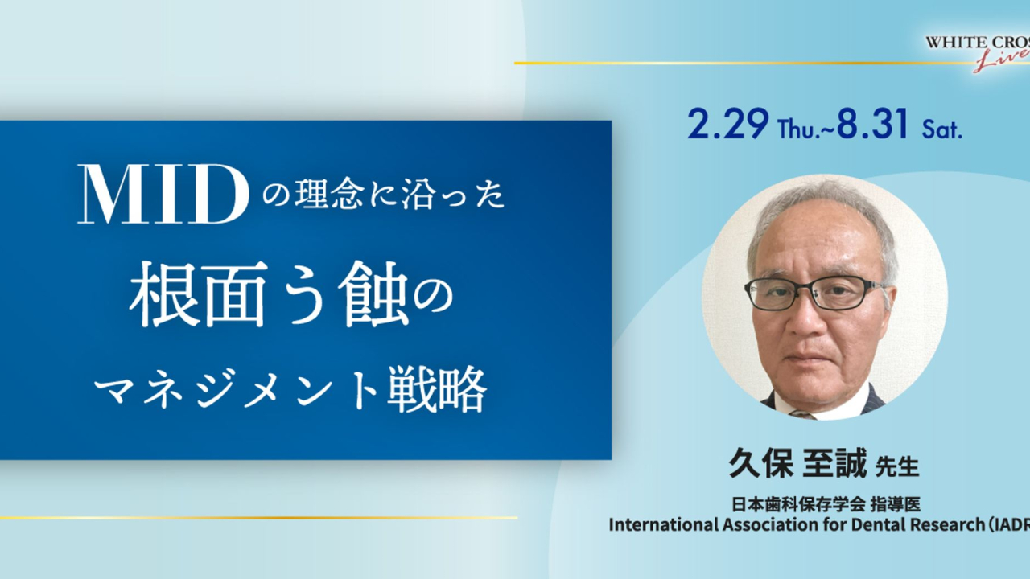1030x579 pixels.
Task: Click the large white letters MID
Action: coord(163,194)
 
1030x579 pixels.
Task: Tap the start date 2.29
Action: coord(728,124)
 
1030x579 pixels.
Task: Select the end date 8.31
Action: coord(872,124)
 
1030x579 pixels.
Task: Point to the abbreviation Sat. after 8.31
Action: coord(941,130)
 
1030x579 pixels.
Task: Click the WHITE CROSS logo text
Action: coord(978,43)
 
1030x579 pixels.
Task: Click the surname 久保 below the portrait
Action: coord(761,463)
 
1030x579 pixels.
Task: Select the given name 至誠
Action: coord(834,463)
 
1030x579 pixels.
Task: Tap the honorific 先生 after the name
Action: coord(897,466)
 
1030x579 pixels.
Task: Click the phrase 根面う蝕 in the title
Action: coord(269,294)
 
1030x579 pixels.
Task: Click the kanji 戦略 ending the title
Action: coord(436,390)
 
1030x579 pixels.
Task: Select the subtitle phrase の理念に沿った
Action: coord(384,195)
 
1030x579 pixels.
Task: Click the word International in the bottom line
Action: coord(664,524)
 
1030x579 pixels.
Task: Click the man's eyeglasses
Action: coord(814,294)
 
